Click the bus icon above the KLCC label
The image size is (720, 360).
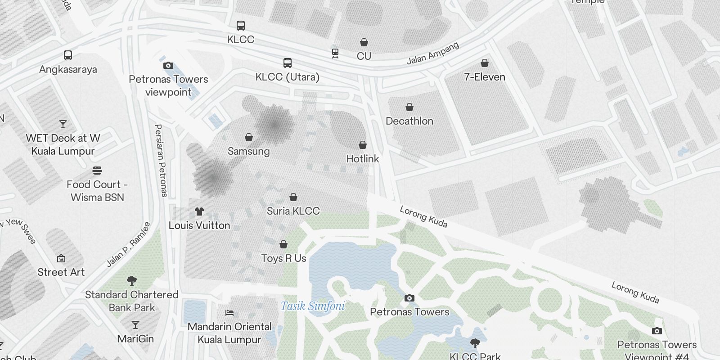pos(241,26)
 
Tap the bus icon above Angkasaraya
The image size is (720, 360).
pos(68,55)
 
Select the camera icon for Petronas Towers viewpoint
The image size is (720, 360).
pos(168,65)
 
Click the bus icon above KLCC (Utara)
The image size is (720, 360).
pos(288,63)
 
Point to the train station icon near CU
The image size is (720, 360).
pos(335,53)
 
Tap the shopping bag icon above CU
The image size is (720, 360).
pos(364,42)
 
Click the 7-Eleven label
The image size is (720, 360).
pos(485,77)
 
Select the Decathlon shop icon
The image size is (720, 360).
pos(409,107)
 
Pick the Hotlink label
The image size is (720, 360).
pos(363,159)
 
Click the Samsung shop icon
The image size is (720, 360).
pos(249,137)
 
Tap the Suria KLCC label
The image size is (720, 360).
pos(293,211)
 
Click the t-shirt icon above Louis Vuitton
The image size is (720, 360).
pos(199,211)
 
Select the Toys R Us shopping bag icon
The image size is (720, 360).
pos(283,244)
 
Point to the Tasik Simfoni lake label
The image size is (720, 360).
pos(313,306)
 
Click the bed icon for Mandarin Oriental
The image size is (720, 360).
pos(229,312)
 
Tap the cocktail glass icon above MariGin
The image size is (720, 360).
pos(135,324)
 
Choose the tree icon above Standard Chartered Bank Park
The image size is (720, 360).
pos(132,281)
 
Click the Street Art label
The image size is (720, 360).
pos(61,272)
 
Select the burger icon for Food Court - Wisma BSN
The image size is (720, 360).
pos(97,171)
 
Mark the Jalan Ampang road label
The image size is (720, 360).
pos(433,54)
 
